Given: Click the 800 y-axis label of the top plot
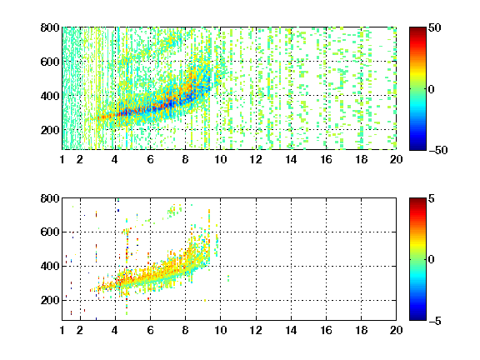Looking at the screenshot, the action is click(50, 27).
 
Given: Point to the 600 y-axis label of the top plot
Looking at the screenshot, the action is click(50, 62).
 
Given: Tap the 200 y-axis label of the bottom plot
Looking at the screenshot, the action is click(50, 300).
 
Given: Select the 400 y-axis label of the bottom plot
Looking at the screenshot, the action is click(50, 266).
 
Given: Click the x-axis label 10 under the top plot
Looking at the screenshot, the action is click(220, 159).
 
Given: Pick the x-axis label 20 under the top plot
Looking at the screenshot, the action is click(396, 159).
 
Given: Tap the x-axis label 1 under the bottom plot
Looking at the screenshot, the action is click(62, 330).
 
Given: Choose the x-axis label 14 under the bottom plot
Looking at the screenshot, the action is click(291, 330).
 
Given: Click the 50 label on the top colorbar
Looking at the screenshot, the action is click(434, 27).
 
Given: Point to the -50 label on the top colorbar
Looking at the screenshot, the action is click(437, 150).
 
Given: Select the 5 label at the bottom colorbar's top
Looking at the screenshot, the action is click(432, 198).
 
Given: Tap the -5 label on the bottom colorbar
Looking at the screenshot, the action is click(435, 321).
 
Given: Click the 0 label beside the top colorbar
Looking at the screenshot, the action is click(432, 89).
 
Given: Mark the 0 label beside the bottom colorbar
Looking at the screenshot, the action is click(432, 260).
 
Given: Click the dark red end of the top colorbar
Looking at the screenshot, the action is click(417, 29).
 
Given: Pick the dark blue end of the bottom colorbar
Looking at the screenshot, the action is click(417, 317).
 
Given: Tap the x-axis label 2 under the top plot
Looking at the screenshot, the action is click(80, 159).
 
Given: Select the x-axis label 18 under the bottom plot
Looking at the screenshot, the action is click(361, 330).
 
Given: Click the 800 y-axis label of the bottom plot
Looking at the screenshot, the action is click(50, 198).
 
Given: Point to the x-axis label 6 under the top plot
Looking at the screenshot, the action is click(150, 159).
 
